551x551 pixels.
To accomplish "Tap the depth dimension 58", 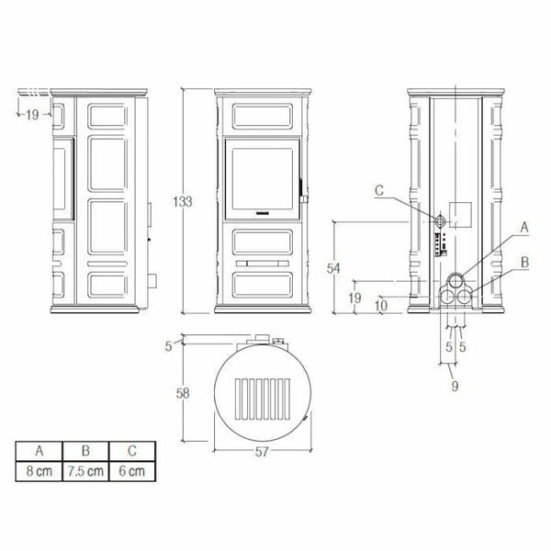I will (x=183, y=394).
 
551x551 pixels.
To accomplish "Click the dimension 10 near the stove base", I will (x=381, y=303).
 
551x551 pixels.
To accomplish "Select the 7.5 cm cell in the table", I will (x=84, y=471).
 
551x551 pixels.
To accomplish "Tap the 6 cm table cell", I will (x=131, y=471).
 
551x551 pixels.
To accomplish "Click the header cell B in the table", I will (x=84, y=452).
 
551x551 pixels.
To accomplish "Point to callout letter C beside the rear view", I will (x=378, y=191).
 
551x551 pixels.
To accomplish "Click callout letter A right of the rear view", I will (x=523, y=226).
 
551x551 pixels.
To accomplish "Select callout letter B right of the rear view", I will (x=523, y=263).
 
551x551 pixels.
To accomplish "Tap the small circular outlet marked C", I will (x=441, y=222).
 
